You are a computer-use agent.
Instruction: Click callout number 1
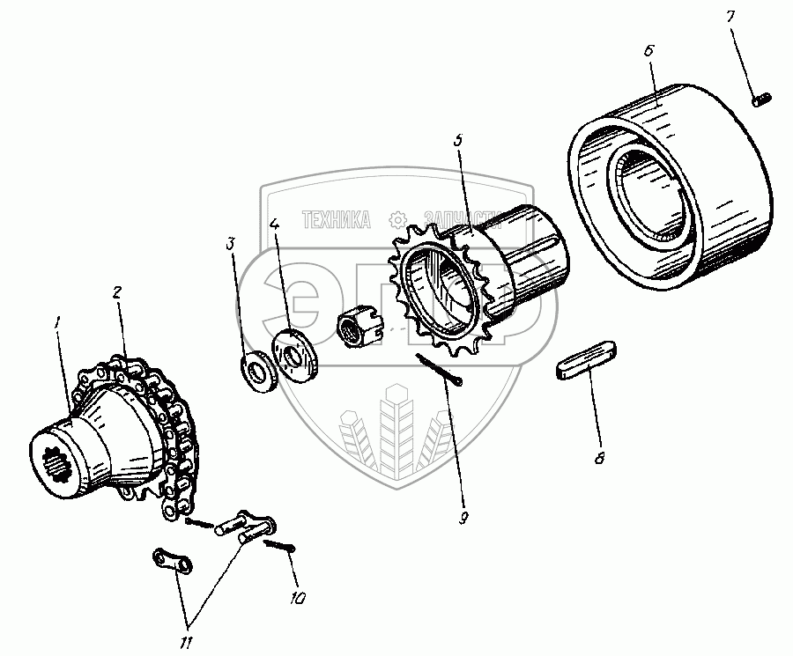[x=59, y=325]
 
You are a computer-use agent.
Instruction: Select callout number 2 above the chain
[x=117, y=293]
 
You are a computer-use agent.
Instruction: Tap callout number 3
[x=231, y=243]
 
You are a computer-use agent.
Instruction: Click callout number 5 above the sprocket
[x=458, y=141]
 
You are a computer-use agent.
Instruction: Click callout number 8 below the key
[x=601, y=459]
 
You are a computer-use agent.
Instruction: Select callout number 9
[x=463, y=519]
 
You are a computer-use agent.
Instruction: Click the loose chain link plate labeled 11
[x=173, y=561]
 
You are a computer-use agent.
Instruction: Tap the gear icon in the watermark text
[x=398, y=218]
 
